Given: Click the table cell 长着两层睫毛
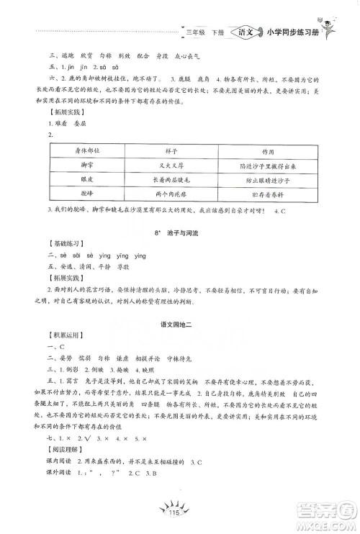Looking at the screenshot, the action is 169,181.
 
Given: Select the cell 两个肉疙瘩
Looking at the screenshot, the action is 169,194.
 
